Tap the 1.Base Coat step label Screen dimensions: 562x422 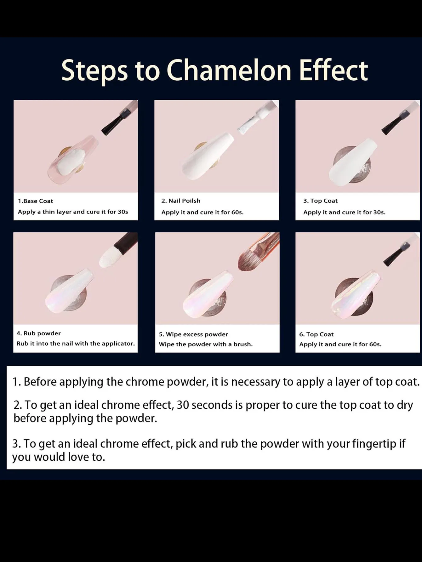coord(36,201)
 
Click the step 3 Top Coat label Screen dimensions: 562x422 coord(320,201)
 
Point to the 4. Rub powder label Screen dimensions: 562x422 coord(38,333)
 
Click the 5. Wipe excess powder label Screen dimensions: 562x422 coord(193,334)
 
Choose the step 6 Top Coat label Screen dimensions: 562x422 coord(316,334)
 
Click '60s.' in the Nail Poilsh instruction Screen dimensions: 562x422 coord(237,212)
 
